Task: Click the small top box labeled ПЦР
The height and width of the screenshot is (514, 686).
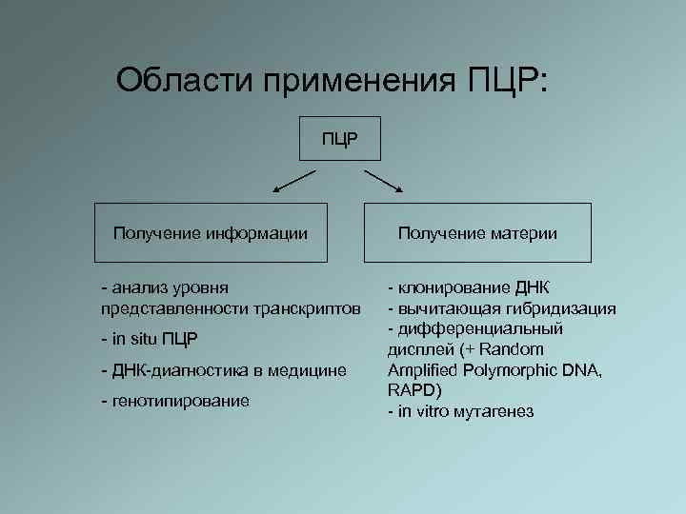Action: pos(340,139)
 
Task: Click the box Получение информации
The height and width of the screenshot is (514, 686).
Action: pos(211,232)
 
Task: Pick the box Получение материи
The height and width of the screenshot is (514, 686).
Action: pos(477,232)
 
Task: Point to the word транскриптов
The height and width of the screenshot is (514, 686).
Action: pos(306,308)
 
